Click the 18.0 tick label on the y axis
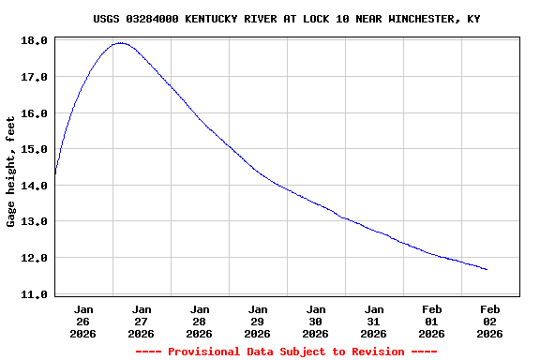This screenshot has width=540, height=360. [x=34, y=41]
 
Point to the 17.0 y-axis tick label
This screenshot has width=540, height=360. [x=34, y=77]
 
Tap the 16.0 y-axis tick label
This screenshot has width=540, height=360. [x=34, y=113]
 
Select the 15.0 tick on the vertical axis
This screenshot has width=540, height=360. [x=34, y=149]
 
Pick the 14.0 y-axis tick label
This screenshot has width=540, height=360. [x=34, y=186]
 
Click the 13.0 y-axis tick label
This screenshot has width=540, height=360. [x=34, y=221]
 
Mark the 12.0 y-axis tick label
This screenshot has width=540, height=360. [x=34, y=258]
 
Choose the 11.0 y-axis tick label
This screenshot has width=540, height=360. [x=34, y=294]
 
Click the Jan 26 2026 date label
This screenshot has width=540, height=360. [x=83, y=321]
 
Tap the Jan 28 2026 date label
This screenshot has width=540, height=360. [x=200, y=321]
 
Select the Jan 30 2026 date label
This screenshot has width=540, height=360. [x=316, y=321]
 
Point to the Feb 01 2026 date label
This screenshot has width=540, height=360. [x=432, y=321]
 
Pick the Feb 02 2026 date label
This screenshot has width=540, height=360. [x=490, y=321]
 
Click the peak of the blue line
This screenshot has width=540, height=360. [x=120, y=43]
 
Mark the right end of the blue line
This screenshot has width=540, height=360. [x=487, y=269]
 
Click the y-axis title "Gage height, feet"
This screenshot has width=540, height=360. [x=11, y=172]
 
